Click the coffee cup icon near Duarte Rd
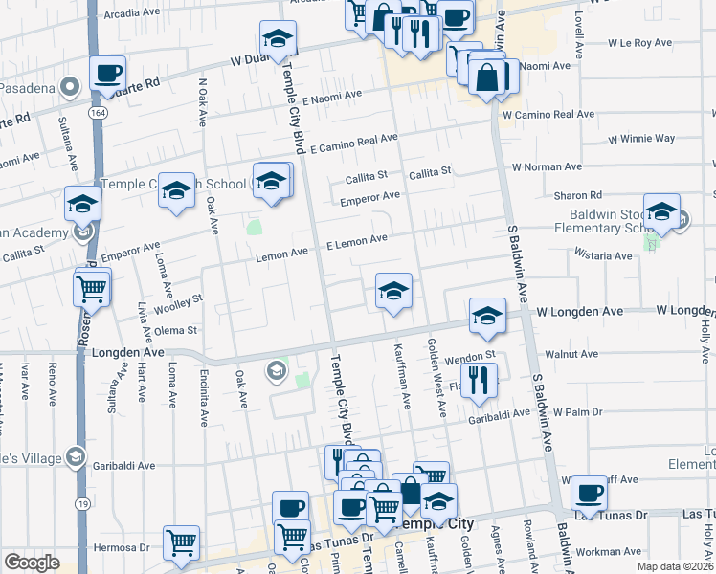[x=108, y=72]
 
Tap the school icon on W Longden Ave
[x=487, y=316]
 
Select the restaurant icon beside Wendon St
[x=480, y=379]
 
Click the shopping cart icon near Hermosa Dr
[x=181, y=542]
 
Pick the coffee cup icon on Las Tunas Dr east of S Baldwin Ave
[x=589, y=493]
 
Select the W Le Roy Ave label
[x=642, y=43]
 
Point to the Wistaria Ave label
[x=603, y=255]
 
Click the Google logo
[x=32, y=563]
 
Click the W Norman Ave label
[x=547, y=166]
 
